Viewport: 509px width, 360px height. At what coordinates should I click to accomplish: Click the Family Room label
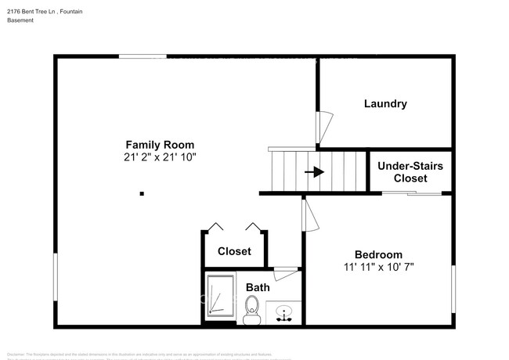coord(160,145)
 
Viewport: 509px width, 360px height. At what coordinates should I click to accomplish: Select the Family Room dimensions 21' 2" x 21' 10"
coord(160,157)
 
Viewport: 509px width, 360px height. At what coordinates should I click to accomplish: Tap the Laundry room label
coord(385,103)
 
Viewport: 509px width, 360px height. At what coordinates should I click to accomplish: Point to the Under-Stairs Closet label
coord(410,172)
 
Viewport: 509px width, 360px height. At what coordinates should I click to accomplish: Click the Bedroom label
coord(378,254)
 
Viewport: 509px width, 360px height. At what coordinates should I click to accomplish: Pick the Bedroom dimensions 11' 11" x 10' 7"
coord(378,267)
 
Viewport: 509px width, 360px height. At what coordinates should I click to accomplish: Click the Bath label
coord(258,287)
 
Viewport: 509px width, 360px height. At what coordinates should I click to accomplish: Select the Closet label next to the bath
coord(234,251)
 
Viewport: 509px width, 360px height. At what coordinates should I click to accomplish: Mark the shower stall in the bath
coord(220,297)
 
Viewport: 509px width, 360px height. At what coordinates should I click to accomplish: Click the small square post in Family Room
coord(141,193)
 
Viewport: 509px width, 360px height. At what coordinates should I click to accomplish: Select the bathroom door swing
coord(286,272)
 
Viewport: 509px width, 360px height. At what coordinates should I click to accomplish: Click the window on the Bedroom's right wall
coord(453,290)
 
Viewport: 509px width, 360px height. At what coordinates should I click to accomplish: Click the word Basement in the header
coord(20,20)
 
